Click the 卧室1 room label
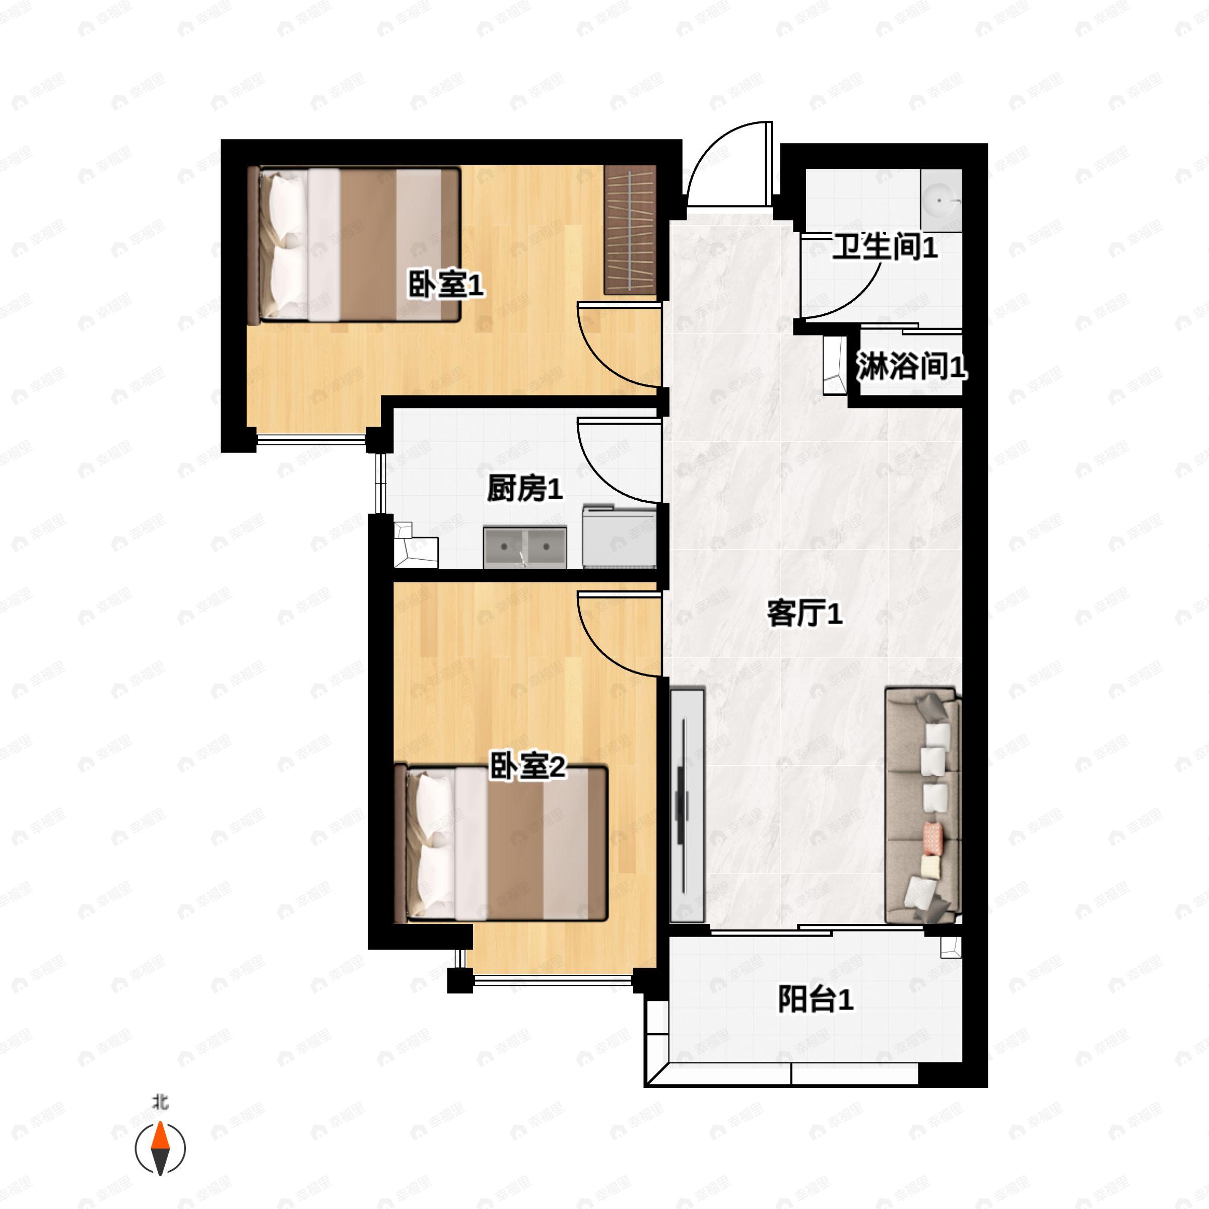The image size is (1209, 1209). point(446,285)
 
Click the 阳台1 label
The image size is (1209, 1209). point(816,999)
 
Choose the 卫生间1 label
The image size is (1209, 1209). point(884,246)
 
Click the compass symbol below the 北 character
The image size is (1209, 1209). point(160,1149)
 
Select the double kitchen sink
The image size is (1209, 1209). point(524,548)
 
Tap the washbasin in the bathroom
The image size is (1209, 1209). point(941,201)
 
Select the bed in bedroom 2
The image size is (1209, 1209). point(501,842)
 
